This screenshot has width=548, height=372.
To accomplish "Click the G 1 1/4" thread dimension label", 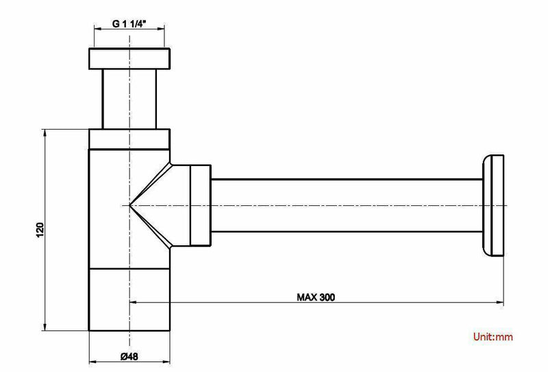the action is click(129, 23).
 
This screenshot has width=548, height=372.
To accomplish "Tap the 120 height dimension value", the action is click(40, 230).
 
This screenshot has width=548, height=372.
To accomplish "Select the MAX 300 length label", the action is click(316, 297).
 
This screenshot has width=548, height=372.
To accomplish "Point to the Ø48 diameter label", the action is click(129, 356).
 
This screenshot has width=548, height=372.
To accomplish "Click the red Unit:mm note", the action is click(493, 337).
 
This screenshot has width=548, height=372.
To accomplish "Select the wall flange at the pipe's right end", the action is click(493, 206).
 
